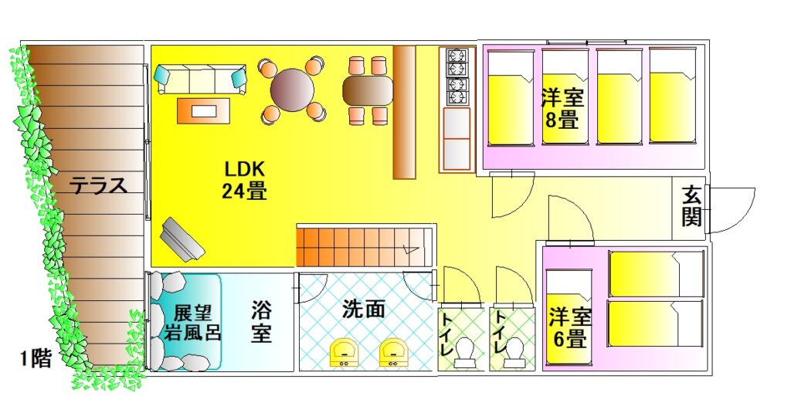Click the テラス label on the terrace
point(99,185)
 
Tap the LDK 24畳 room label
point(245,180)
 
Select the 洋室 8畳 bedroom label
point(562,109)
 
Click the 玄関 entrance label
point(691,206)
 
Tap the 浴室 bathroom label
point(261,322)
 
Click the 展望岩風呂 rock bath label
point(193,323)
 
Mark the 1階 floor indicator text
point(36,360)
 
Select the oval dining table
point(368,90)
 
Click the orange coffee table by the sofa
point(204,110)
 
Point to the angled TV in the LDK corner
point(182,239)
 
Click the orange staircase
point(363,246)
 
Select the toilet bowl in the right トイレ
point(514,354)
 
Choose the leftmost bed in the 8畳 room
point(509,98)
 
